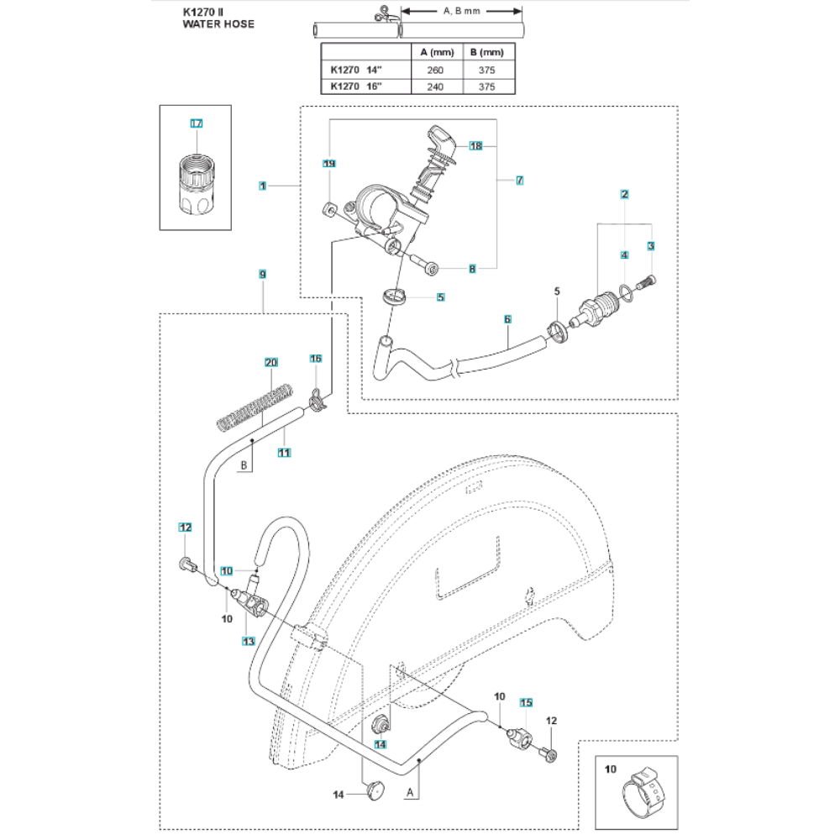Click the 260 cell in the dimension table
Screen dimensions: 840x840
coord(435,70)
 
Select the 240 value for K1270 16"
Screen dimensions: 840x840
coord(435,86)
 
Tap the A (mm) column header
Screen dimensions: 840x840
coord(435,52)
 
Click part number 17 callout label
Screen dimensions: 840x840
coord(197,123)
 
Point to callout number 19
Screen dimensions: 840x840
coord(329,163)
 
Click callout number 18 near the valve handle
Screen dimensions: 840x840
coord(476,146)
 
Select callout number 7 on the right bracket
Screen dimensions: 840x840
coord(520,180)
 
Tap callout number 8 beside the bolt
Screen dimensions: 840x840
coord(472,269)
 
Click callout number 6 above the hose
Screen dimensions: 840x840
coord(507,319)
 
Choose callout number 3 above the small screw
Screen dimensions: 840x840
coord(650,245)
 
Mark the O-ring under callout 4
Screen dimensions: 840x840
coord(625,291)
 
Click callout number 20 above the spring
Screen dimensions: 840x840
coord(270,362)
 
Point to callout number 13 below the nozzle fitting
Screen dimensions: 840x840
coord(248,641)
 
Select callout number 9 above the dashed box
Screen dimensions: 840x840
coord(263,275)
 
